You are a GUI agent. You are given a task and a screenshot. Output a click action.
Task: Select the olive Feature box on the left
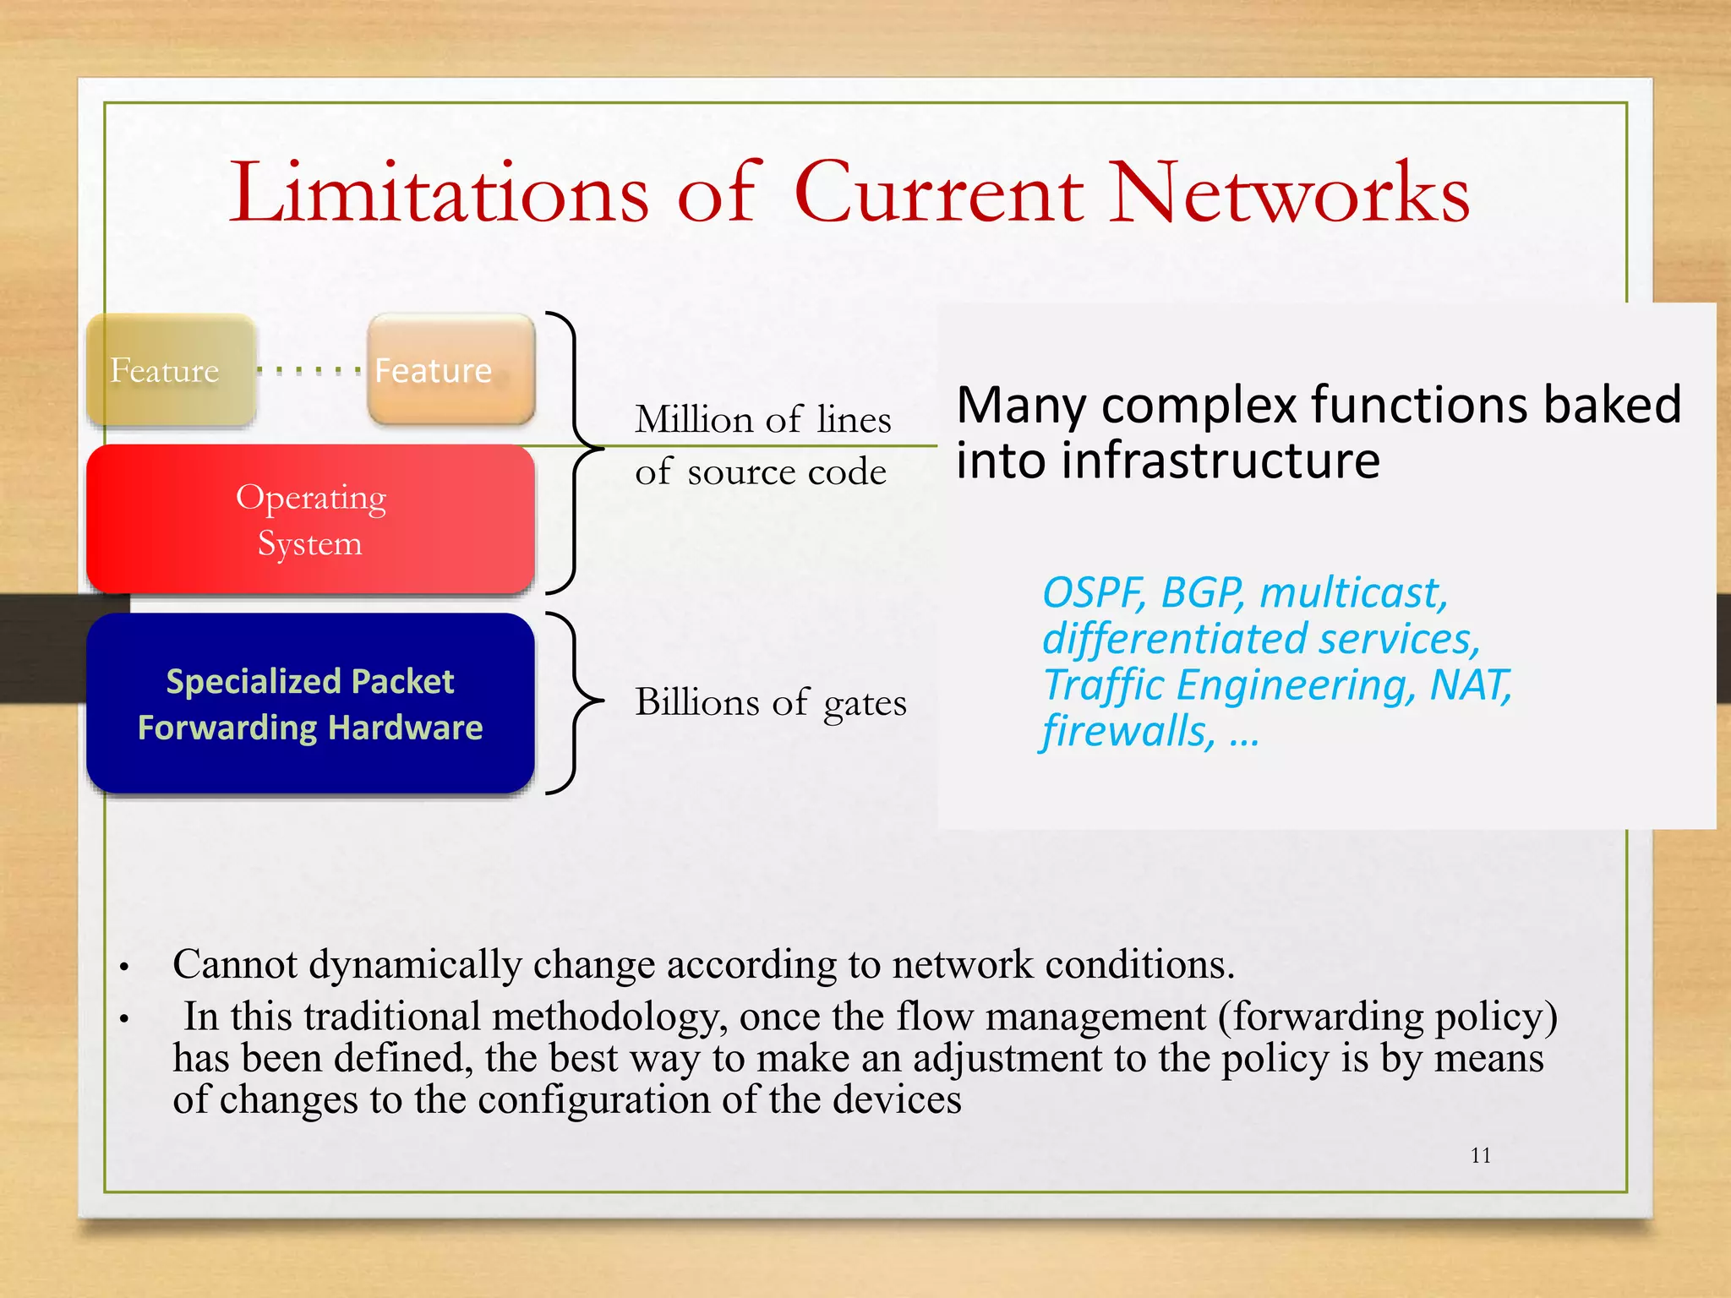click(170, 370)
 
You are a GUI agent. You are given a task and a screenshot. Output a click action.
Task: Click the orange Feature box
click(451, 370)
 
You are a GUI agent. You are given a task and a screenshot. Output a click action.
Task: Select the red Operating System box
click(310, 519)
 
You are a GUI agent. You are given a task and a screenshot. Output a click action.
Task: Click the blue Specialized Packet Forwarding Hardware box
click(310, 703)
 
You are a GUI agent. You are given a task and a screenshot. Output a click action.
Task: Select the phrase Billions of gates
click(770, 702)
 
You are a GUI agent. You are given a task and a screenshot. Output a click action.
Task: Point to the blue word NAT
click(1469, 684)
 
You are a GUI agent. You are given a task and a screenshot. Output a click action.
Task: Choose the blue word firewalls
click(1128, 731)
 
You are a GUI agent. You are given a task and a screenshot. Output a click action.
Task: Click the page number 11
click(1480, 1155)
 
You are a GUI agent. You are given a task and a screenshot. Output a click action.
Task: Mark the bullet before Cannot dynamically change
click(123, 967)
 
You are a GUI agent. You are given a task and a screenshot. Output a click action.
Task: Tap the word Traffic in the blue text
click(1102, 684)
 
